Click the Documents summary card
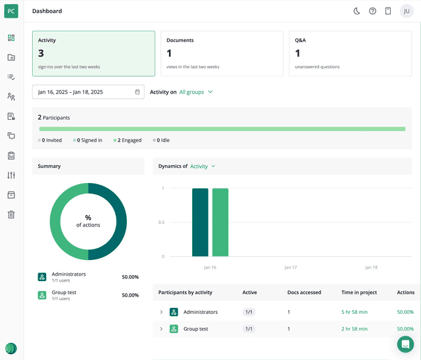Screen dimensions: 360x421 pos(222,53)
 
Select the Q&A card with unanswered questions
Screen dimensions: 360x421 pos(351,53)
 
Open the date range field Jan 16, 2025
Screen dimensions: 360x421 pos(88,92)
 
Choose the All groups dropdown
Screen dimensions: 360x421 pos(196,92)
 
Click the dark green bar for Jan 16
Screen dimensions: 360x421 pos(200,222)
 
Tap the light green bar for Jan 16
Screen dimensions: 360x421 pos(220,222)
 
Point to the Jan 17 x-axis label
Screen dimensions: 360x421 pos(291,268)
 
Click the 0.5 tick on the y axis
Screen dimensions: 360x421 pos(161,222)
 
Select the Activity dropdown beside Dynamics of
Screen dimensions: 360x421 pos(203,167)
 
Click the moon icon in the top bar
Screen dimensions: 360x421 pos(357,11)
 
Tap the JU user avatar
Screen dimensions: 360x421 pos(407,11)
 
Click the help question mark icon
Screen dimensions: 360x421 pos(372,11)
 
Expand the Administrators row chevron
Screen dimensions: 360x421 pos(161,312)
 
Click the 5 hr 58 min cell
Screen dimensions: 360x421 pos(355,312)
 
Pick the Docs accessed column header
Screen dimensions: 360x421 pos(304,292)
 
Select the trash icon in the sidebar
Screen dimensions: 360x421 pos(11,215)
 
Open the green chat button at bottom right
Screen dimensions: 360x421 pos(405,344)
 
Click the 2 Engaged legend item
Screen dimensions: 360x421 pos(128,140)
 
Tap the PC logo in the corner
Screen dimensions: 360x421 pos(12,11)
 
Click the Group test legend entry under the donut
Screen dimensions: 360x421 pos(64,295)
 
